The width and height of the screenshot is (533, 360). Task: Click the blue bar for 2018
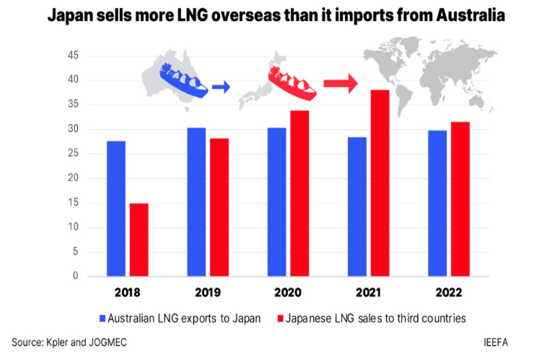(x=116, y=208)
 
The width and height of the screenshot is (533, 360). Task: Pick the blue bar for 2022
(x=437, y=203)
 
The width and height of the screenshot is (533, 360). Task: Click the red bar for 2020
(x=300, y=193)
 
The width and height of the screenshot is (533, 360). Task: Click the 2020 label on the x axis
(x=288, y=293)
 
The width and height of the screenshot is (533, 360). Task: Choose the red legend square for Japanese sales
(x=280, y=319)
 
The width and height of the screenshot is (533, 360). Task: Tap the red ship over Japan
(x=292, y=82)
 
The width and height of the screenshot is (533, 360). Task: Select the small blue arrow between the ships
(x=221, y=86)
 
